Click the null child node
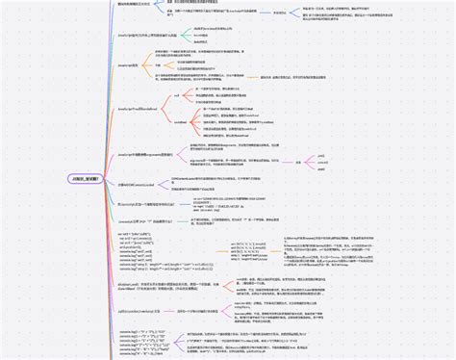(x=175, y=97)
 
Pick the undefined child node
(x=180, y=122)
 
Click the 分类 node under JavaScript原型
(x=171, y=64)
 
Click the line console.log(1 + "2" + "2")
(x=139, y=330)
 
